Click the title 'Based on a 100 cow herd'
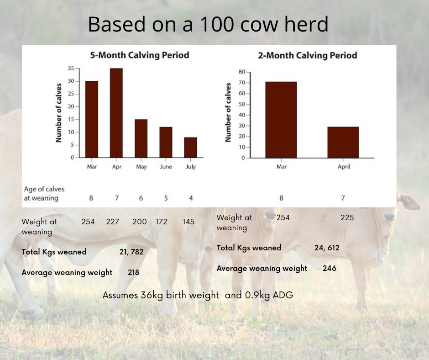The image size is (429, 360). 208,24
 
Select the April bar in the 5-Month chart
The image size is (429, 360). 116,113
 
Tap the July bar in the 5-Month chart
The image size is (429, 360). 191,147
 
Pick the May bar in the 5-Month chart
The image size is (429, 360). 141,138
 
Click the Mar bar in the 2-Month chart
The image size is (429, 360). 281,120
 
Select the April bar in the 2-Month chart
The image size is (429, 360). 343,142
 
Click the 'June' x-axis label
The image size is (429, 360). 166,167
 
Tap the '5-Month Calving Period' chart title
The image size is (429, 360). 139,55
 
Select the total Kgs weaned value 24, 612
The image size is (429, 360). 327,248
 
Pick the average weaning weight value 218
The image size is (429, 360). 133,272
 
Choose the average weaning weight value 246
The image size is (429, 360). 329,268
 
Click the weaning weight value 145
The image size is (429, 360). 188,222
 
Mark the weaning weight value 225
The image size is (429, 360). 347,217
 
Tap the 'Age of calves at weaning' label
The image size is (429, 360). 44,193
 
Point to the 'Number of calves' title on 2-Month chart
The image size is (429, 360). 229,112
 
